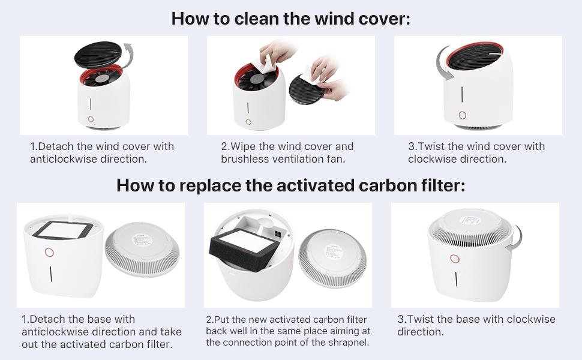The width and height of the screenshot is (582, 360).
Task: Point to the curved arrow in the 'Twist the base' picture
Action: click(x=518, y=238)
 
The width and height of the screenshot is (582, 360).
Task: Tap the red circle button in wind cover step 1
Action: click(x=91, y=119)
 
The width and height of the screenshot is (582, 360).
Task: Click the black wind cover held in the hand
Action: click(x=305, y=89)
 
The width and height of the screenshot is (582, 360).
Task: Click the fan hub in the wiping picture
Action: click(x=256, y=79)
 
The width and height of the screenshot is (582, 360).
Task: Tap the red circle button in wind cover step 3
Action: click(x=462, y=115)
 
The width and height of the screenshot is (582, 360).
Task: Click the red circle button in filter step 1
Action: click(x=49, y=253)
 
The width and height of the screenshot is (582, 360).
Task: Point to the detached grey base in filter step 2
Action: click(x=332, y=258)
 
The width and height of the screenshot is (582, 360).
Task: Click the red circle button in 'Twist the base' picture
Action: click(x=455, y=259)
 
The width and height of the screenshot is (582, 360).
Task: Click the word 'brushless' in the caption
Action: click(x=245, y=159)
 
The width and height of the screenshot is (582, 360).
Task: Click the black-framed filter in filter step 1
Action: click(x=63, y=230)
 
